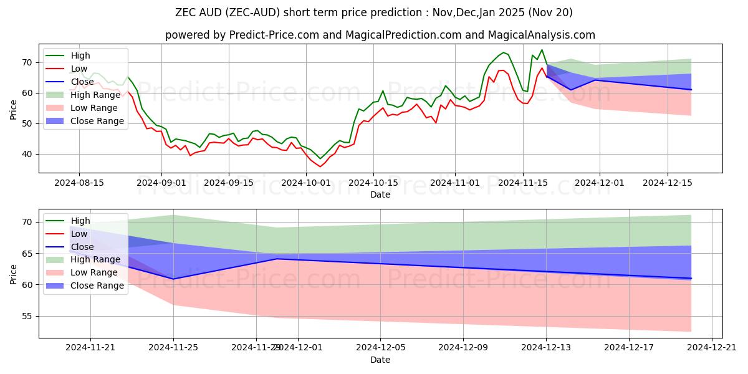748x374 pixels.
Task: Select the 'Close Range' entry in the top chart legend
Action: click(105, 121)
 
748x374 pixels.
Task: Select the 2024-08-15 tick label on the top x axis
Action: click(79, 183)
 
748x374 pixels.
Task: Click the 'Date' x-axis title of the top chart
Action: click(380, 194)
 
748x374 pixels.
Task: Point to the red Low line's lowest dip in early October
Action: click(320, 166)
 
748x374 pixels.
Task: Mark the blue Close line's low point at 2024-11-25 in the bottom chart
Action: click(173, 279)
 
